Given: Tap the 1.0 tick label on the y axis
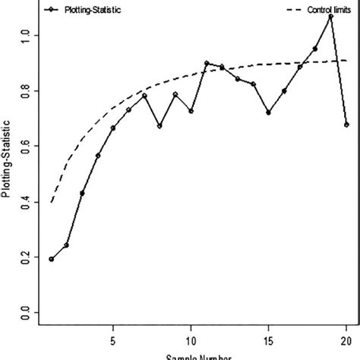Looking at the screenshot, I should (27, 35).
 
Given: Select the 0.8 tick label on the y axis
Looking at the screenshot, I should (27, 90).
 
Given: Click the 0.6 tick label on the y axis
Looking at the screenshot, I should (27, 146).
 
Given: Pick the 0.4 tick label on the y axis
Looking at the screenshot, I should (27, 201).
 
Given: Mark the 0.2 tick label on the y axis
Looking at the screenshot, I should (27, 257).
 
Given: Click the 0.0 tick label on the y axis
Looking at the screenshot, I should (27, 312).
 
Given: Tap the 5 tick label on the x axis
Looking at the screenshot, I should (113, 339).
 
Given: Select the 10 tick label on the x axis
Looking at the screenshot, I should (191, 339).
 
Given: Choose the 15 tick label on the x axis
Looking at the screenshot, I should (268, 339).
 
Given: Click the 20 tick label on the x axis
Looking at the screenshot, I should (346, 339).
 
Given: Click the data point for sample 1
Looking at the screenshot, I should (52, 259).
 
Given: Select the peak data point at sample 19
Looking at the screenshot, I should (330, 16).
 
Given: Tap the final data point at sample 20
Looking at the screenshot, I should (346, 125).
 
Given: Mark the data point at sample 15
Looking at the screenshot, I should (268, 112).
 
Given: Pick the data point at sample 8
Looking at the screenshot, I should (159, 125).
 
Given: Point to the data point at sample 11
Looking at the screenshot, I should (207, 63).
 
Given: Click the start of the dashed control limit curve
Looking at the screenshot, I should (52, 202).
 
